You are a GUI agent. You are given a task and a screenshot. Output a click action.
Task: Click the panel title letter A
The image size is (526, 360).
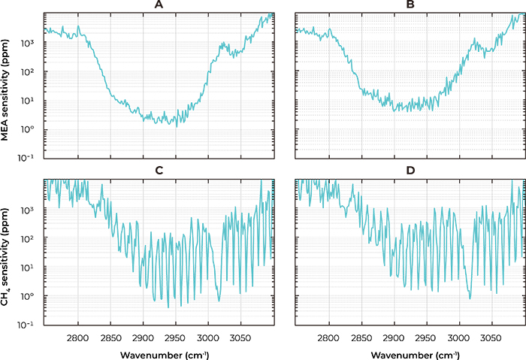159,5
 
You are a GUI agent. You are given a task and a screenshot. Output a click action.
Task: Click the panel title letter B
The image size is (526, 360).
410,5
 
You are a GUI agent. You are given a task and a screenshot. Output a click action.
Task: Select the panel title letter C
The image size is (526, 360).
159,171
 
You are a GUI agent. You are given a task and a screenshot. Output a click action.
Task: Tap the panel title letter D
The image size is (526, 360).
410,171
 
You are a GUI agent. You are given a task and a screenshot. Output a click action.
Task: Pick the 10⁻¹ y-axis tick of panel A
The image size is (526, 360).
29,158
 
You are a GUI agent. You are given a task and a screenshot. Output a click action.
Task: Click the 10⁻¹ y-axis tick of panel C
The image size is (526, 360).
29,325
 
